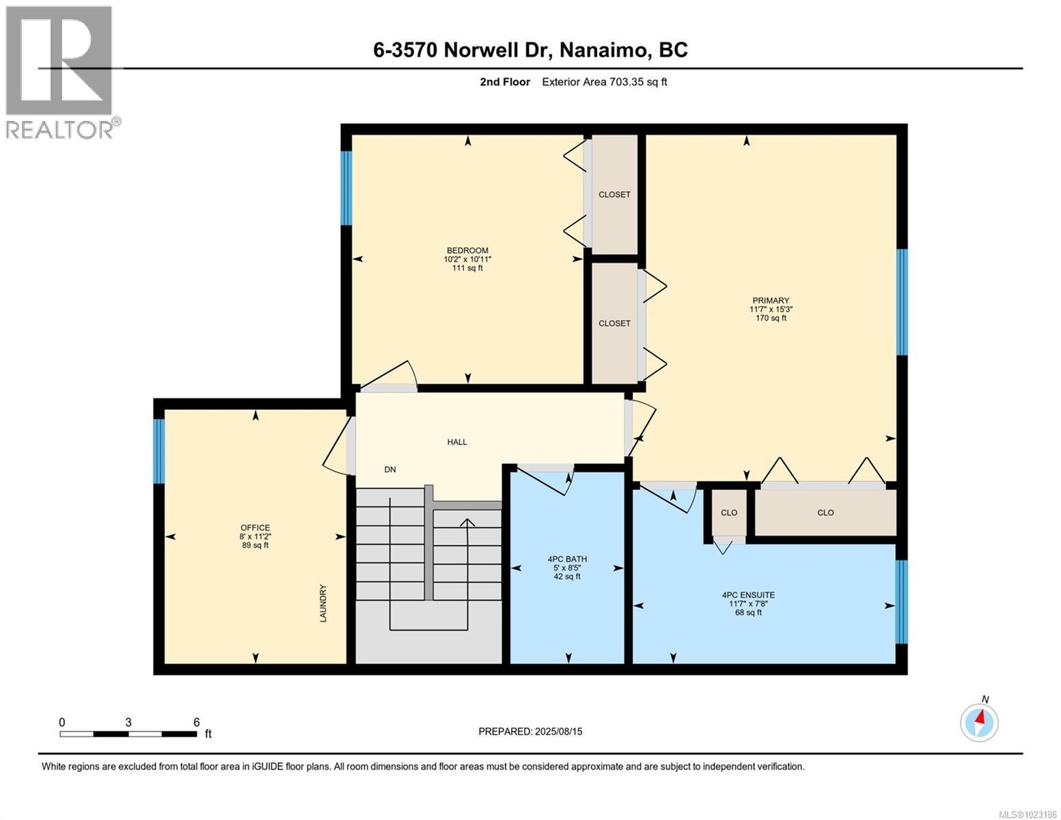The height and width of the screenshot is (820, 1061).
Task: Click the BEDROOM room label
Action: [467, 251]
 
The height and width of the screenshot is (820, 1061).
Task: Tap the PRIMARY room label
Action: [771, 301]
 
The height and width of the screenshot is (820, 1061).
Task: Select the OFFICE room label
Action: [255, 528]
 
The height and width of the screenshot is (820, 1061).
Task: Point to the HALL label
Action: [457, 442]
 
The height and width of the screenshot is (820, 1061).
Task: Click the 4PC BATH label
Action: [567, 559]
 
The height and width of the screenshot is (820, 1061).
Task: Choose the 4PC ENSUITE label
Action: [748, 595]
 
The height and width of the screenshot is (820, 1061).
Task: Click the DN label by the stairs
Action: [390, 469]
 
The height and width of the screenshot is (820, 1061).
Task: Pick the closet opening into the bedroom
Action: [614, 195]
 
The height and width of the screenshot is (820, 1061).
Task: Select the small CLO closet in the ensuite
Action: [729, 512]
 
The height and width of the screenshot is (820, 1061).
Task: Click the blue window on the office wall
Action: [159, 451]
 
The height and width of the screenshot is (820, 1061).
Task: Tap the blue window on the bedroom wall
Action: [346, 188]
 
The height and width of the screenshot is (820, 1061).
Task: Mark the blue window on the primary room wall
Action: [902, 302]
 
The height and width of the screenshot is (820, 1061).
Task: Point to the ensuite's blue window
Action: [902, 601]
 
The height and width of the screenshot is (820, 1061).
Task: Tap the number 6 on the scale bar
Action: [196, 722]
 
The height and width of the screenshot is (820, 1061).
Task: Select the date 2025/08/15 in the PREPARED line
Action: [559, 731]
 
